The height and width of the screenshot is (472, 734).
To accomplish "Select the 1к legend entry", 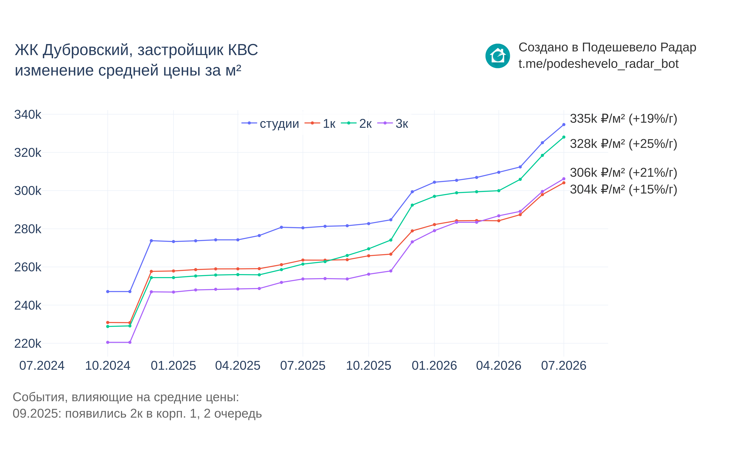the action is point(320,124).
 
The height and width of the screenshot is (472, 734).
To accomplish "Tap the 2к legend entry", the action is point(356,124).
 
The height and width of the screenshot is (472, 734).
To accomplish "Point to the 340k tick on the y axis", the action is point(28,115).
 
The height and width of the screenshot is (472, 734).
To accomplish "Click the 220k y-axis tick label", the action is point(28,344).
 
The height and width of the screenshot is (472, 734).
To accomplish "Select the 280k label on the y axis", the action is point(28,229).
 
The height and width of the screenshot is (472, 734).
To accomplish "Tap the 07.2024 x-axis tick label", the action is point(42,366).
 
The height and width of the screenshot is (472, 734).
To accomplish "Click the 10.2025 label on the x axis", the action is point(369,366).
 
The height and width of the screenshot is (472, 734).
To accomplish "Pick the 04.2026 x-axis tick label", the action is point(499,366).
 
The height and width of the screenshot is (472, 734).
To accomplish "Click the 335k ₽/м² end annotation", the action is point(623,119).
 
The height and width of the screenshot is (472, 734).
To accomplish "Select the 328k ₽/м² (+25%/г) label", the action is point(623,144).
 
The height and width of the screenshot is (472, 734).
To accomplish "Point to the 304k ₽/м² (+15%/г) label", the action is point(623,189).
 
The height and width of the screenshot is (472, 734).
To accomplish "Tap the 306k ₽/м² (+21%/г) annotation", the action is point(623,173).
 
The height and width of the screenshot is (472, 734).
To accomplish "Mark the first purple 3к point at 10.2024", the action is point(107,342).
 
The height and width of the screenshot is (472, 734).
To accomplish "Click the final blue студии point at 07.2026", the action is point(564,125).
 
